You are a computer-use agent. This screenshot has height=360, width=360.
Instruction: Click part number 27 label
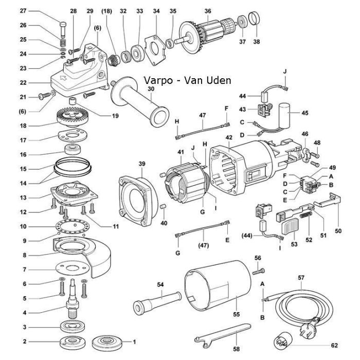[23, 11]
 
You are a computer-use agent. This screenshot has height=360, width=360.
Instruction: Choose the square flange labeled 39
[136, 192]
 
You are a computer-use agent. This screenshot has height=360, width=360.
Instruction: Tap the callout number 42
[228, 137]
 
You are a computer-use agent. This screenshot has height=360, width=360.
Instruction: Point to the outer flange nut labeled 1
[105, 341]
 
